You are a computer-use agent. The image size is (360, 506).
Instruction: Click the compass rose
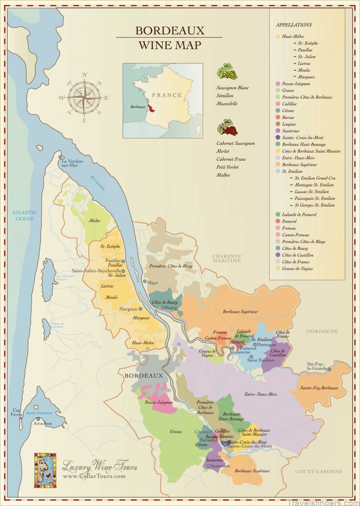tap(84, 97)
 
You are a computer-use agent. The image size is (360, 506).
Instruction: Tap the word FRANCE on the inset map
tap(167, 95)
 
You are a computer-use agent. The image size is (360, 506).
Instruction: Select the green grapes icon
tap(227, 72)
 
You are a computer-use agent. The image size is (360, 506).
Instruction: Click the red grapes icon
tap(227, 127)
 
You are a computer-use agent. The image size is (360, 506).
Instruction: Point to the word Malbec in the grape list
tap(223, 175)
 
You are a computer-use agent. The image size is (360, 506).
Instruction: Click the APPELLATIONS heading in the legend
tap(294, 25)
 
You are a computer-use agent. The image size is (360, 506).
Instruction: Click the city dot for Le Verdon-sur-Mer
tap(60, 157)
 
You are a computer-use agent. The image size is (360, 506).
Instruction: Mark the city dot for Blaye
tap(144, 282)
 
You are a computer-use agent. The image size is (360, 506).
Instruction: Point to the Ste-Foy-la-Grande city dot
tap(329, 370)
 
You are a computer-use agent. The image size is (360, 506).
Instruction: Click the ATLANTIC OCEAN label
tap(25, 215)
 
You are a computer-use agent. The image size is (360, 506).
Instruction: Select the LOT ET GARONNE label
tap(318, 472)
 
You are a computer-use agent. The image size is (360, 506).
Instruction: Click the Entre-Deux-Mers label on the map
tap(261, 394)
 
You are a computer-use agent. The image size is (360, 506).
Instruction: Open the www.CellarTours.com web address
tap(94, 476)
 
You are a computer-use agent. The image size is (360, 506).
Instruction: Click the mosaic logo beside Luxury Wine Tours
tap(45, 470)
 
